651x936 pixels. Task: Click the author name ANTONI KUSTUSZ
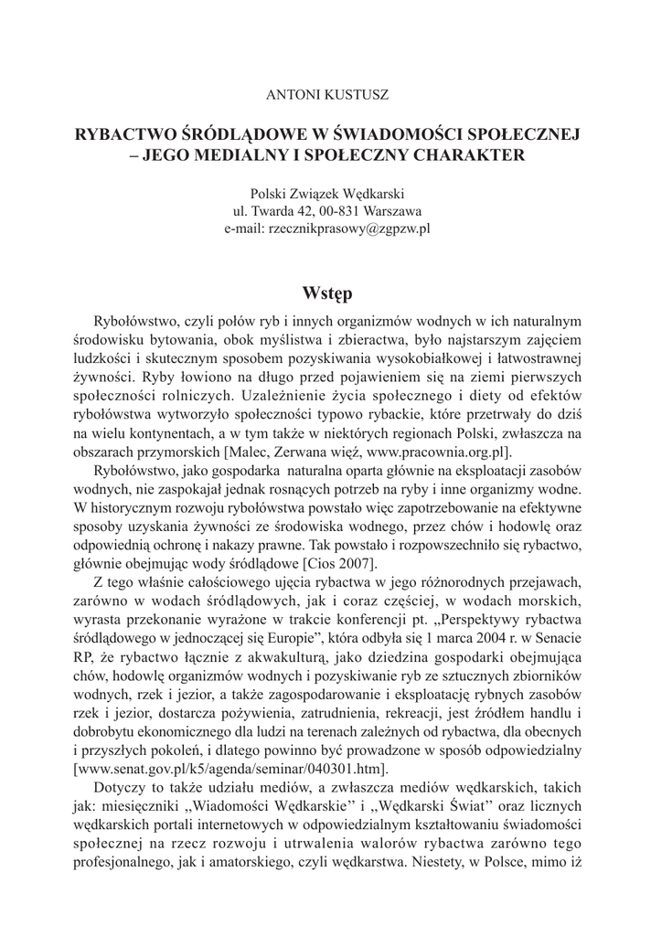325,94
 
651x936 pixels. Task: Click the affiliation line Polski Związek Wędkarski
325,195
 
